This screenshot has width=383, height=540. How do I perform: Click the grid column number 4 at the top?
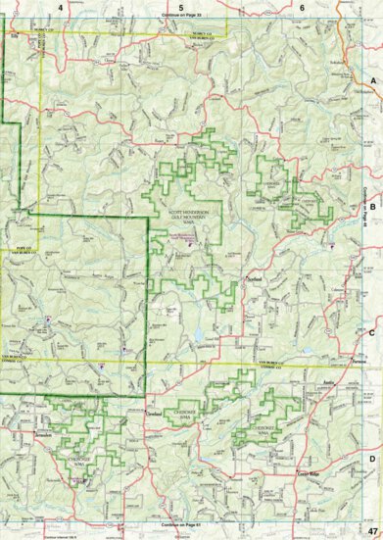[x=61, y=7]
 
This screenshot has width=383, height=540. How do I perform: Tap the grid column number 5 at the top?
[x=181, y=7]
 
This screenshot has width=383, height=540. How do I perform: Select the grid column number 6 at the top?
[x=302, y=7]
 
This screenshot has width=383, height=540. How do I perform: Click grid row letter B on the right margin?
[x=373, y=207]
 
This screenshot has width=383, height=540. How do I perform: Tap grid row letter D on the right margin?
[x=373, y=459]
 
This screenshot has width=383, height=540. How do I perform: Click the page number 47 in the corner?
[x=372, y=530]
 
